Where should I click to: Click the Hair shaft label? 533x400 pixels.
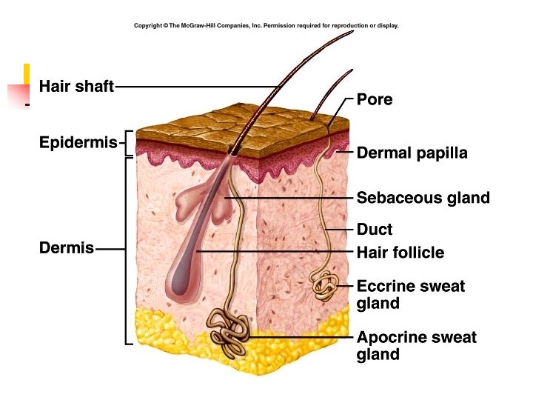click(x=76, y=87)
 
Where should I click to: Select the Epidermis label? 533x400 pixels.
click(x=78, y=142)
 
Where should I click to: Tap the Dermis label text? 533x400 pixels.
click(x=67, y=248)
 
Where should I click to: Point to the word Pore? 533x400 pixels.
click(x=375, y=99)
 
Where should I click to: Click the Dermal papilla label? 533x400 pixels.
click(x=412, y=153)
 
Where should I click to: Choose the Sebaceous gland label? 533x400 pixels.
click(x=423, y=198)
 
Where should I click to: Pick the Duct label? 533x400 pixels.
click(x=375, y=230)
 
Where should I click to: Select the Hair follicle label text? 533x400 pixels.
click(x=400, y=253)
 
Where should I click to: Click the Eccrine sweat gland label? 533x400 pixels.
click(x=411, y=294)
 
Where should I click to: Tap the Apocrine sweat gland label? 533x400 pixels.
click(x=416, y=346)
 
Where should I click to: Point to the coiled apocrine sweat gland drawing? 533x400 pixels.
click(x=229, y=330)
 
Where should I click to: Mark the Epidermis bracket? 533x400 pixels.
click(x=127, y=143)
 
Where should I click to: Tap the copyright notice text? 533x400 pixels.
click(x=266, y=25)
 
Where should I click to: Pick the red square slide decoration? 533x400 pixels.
click(x=17, y=96)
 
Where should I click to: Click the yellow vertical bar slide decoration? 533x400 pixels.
click(x=27, y=74)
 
